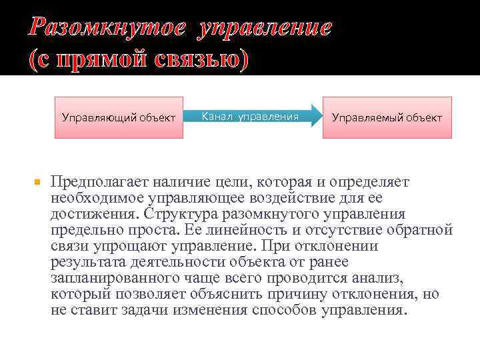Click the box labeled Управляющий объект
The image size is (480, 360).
[x=119, y=117]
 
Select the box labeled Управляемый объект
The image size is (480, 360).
[x=387, y=117]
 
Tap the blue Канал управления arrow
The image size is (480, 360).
[x=253, y=117]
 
